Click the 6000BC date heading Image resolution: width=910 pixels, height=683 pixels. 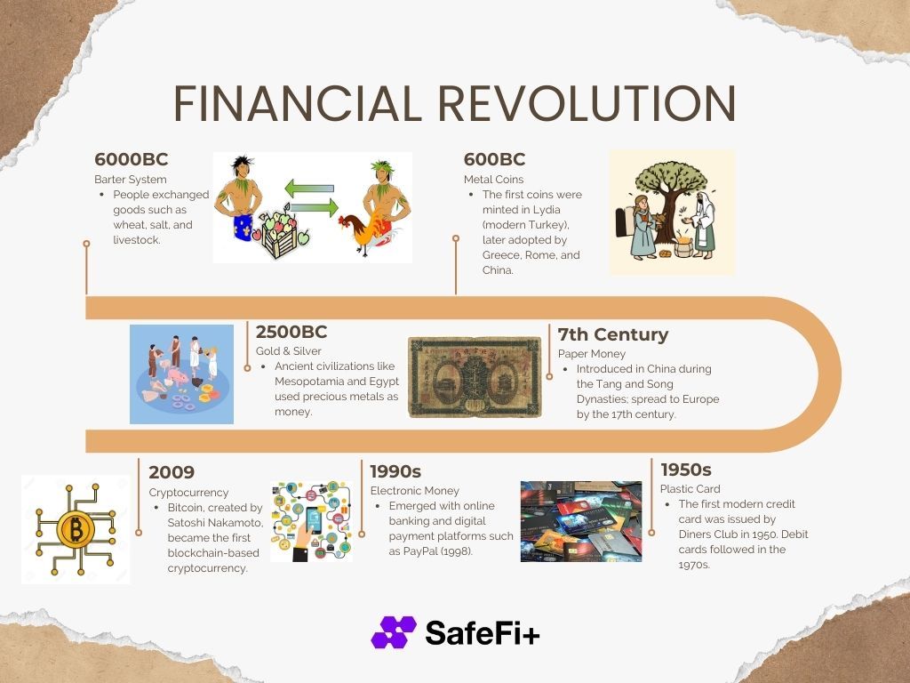pos(132,159)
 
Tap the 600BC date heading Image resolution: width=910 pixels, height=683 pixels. pos(494,159)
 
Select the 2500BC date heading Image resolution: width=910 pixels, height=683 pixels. pos(291,332)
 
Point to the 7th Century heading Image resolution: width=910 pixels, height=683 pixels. pos(613,334)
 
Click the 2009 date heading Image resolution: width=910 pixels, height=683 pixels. pos(172,472)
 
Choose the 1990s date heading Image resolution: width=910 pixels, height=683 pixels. pos(395,471)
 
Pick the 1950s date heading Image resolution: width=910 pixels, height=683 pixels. pos(686,470)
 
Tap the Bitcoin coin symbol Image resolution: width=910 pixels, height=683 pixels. pos(76,529)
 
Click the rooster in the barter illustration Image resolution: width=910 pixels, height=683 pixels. pos(363,232)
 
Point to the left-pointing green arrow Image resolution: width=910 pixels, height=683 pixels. pos(309,189)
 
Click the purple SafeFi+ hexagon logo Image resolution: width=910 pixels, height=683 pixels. pos(394,632)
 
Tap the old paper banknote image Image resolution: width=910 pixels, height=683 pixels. pos(475,377)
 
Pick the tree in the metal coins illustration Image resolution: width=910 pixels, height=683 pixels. pos(671,197)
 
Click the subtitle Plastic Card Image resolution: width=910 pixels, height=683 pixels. pos(690,489)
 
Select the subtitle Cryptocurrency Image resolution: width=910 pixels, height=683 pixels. pos(188,493)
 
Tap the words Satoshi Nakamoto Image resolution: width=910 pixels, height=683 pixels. pos(215,523)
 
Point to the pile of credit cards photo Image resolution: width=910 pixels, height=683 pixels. pos(581,521)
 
